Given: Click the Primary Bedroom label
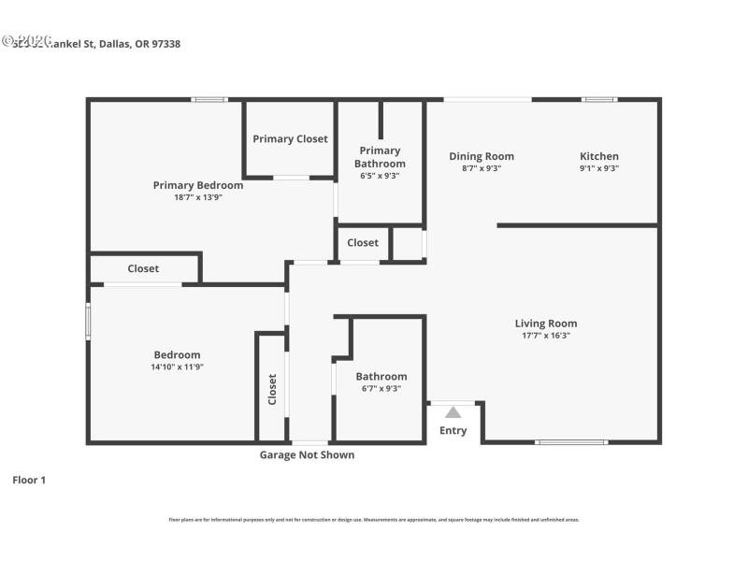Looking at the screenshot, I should [x=198, y=185].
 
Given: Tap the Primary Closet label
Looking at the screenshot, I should [x=290, y=139].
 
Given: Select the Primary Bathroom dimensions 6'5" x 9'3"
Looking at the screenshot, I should [x=380, y=176].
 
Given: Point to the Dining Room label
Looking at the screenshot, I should [x=482, y=156].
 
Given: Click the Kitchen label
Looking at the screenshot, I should [x=599, y=156].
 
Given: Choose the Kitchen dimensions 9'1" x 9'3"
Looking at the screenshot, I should [x=599, y=168].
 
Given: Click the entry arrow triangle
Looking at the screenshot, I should [x=453, y=411].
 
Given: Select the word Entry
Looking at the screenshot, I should [x=453, y=431].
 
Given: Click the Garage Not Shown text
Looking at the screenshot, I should [x=307, y=455].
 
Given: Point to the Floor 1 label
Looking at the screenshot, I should [x=29, y=480].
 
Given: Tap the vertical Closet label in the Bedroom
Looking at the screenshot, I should [x=272, y=388].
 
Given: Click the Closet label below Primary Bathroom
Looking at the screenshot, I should [x=363, y=243].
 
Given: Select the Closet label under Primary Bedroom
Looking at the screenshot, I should [x=143, y=268].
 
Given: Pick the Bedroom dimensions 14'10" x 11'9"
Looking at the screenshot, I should [x=178, y=367].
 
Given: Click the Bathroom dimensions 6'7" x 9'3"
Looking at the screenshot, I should [x=381, y=389].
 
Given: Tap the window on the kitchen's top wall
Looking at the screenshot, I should [x=599, y=99].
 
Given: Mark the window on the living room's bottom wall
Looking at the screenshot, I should [x=570, y=441].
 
